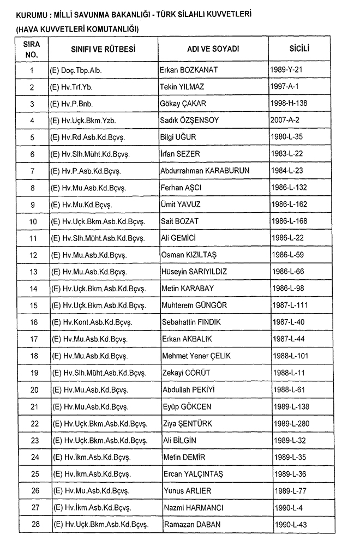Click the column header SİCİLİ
tap(299, 49)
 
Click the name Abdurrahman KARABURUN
tap(205, 171)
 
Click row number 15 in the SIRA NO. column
tap(33, 305)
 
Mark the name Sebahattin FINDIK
tap(191, 322)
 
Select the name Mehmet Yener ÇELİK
tap(196, 356)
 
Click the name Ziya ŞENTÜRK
tap(187, 423)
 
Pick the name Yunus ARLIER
tap(187, 491)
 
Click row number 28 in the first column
tap(33, 525)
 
